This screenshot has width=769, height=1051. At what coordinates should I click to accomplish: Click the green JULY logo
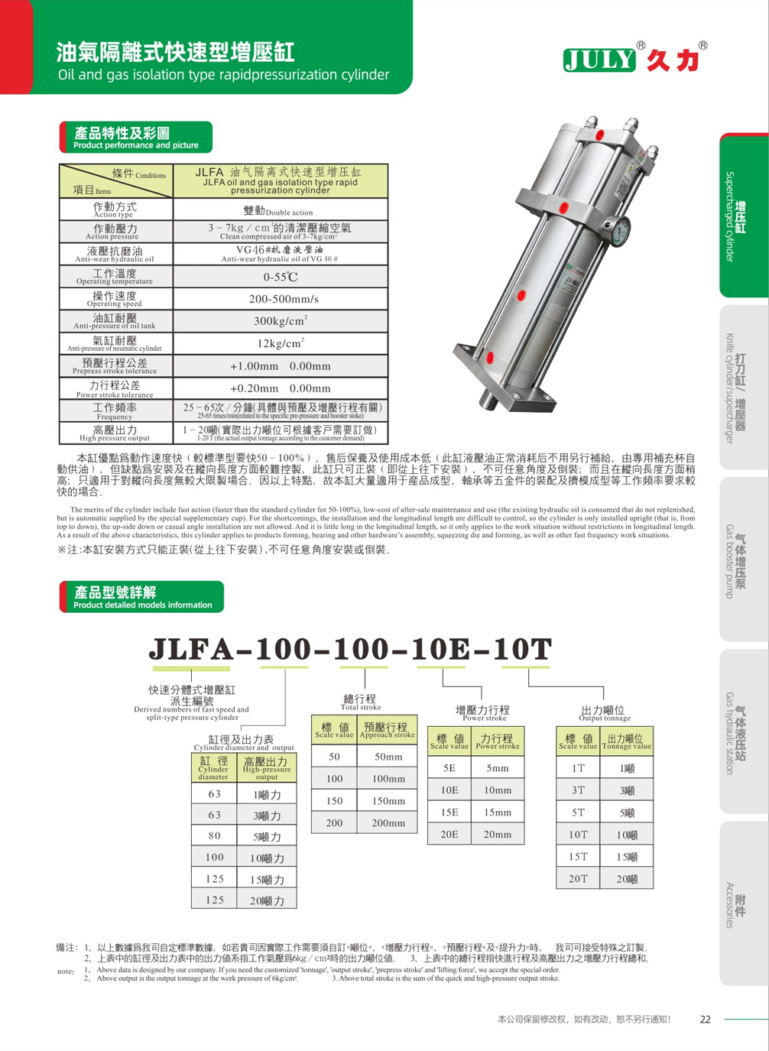tap(600, 60)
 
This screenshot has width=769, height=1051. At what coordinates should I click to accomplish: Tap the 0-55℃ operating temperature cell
tap(281, 277)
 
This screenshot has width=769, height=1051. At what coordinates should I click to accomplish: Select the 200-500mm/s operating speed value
tap(281, 299)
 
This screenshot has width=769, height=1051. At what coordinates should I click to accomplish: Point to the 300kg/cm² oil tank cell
tap(281, 321)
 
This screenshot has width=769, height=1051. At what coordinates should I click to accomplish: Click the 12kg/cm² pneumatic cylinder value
tap(281, 343)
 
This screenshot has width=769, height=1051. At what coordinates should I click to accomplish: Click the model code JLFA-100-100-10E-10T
tap(350, 650)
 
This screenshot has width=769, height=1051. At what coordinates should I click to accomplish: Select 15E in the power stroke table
tap(449, 813)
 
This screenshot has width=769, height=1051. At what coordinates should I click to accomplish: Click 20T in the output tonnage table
tap(578, 879)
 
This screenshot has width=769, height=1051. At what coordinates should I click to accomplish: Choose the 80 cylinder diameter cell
tap(215, 836)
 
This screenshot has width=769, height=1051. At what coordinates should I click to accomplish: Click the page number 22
tap(705, 1019)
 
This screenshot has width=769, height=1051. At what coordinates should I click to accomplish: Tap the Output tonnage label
tap(604, 714)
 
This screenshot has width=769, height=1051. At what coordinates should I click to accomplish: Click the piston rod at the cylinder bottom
tap(486, 397)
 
